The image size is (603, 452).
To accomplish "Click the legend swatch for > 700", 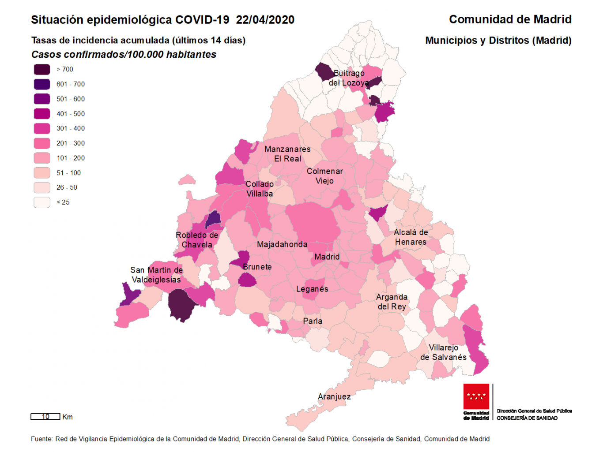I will [x=42, y=70].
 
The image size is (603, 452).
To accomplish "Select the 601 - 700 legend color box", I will [x=42, y=84].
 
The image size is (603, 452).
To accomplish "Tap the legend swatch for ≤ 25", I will [x=42, y=202].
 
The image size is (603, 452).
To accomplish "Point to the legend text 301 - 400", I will [x=71, y=128].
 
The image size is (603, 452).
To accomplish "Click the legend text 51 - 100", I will [x=68, y=173].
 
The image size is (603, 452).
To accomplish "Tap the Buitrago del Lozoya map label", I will [x=349, y=78].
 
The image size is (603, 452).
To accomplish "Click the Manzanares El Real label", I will [x=287, y=154].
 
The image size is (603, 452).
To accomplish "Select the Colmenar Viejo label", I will [x=324, y=176].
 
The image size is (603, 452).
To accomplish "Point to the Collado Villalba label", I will [x=260, y=189].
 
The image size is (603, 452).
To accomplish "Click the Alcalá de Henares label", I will [x=411, y=237].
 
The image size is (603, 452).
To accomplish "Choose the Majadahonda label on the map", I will [x=282, y=244].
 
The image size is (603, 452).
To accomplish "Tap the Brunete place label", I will [x=257, y=267].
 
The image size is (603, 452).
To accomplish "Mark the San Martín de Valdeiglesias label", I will [x=156, y=275].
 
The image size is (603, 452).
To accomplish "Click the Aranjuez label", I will [x=334, y=396].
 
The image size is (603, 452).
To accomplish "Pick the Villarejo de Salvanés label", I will [x=443, y=352].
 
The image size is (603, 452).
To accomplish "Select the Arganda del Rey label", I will [x=392, y=302].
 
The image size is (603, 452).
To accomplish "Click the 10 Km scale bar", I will [x=45, y=417].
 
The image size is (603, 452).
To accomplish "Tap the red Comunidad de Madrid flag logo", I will [x=476, y=397].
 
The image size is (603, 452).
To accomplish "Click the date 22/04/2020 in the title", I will [x=265, y=20].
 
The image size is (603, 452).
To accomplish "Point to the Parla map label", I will [x=313, y=321].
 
